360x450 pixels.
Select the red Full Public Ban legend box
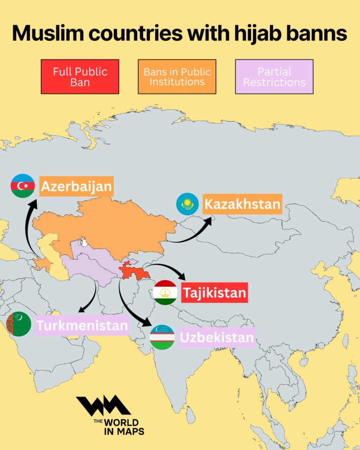[80, 76]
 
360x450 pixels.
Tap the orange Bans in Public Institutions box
[177, 76]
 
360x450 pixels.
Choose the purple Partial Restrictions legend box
[274, 76]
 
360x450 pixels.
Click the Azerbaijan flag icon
[23, 186]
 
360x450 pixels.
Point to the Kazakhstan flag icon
[187, 204]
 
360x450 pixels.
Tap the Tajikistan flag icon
[165, 292]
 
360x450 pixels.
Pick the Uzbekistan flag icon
[162, 337]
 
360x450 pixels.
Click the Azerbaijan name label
[76, 187]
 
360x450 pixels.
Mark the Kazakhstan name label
[242, 204]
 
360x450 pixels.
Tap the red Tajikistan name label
[214, 293]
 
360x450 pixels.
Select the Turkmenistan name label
[82, 325]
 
